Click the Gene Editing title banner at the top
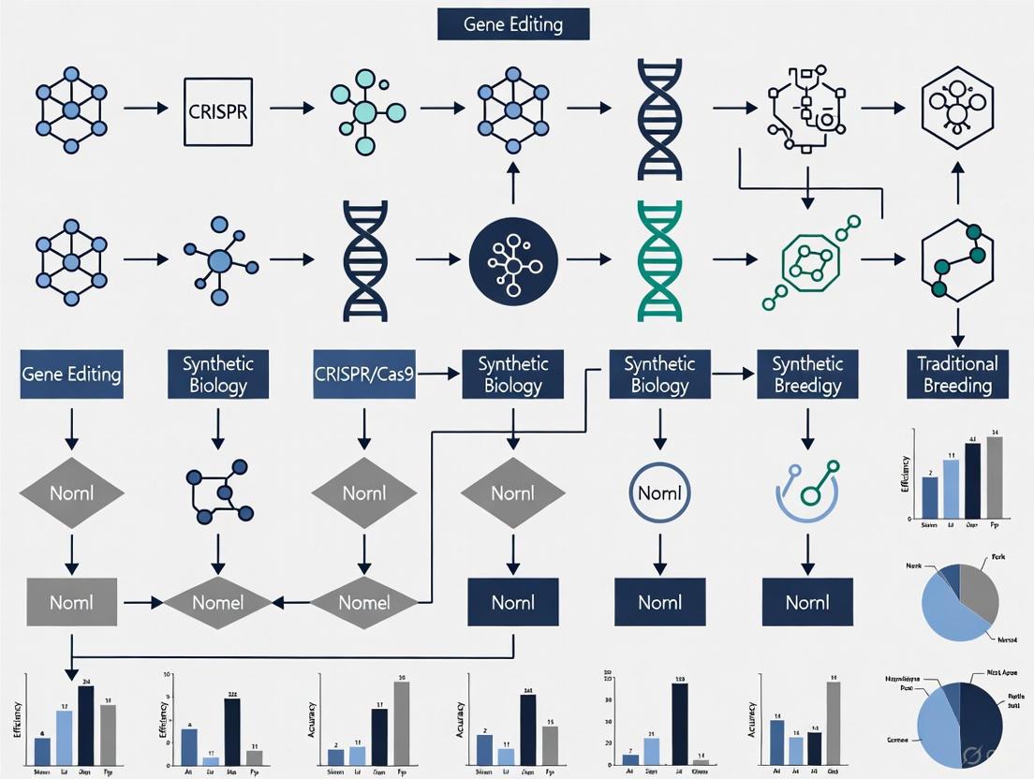point(513,24)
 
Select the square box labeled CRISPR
point(218,109)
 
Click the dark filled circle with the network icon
point(512,260)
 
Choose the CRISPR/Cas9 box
point(363,375)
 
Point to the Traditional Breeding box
point(957,375)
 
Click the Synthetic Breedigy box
point(807,375)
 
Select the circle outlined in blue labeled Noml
point(659,492)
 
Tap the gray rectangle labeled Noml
point(71,602)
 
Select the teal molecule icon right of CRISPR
point(364,109)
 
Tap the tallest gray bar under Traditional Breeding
point(994,478)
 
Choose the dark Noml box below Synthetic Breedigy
point(807,602)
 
